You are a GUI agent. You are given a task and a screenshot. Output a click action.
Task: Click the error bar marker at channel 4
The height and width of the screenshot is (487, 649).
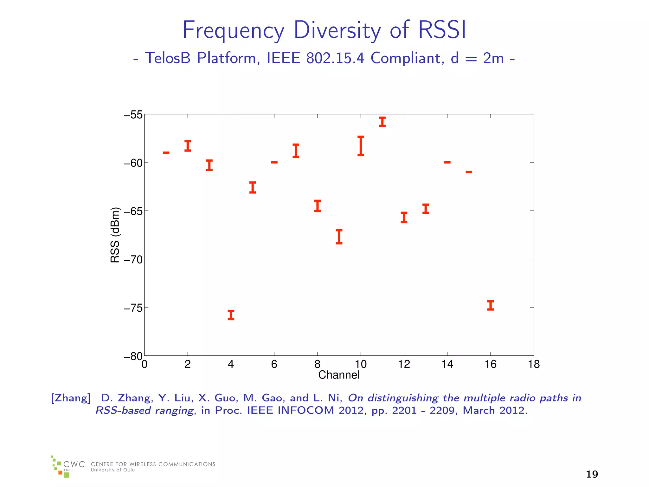pyautogui.click(x=231, y=315)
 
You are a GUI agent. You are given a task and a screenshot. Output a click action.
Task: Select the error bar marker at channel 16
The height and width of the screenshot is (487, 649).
pyautogui.click(x=490, y=305)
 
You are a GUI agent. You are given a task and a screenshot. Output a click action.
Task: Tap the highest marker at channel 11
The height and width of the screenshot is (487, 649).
pyautogui.click(x=382, y=122)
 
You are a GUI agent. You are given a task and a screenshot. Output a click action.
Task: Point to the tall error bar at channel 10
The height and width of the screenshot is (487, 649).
pyautogui.click(x=361, y=146)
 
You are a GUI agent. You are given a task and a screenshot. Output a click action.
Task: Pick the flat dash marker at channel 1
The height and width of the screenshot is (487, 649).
pyautogui.click(x=166, y=153)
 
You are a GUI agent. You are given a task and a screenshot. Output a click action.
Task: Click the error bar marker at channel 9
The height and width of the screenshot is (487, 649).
pyautogui.click(x=339, y=237)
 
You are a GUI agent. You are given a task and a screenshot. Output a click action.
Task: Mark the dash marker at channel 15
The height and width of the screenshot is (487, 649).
pyautogui.click(x=469, y=172)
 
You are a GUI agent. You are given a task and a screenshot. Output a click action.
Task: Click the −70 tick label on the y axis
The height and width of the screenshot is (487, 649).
pyautogui.click(x=133, y=260)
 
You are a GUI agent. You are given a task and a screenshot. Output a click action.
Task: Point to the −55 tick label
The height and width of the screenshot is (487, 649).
pyautogui.click(x=133, y=115)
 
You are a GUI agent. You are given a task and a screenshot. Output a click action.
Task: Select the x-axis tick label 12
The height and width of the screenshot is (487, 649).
pyautogui.click(x=404, y=364)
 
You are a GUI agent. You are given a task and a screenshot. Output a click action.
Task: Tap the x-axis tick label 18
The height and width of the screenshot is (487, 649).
pyautogui.click(x=534, y=364)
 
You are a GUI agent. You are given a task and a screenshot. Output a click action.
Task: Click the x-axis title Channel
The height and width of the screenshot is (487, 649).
pyautogui.click(x=339, y=375)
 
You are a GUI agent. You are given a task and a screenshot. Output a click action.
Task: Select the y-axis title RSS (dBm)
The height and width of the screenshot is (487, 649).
pyautogui.click(x=115, y=235)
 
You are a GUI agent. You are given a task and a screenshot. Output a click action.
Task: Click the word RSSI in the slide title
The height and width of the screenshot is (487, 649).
pyautogui.click(x=442, y=30)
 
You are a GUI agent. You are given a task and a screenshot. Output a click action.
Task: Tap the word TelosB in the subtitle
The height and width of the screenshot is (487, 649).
pyautogui.click(x=168, y=58)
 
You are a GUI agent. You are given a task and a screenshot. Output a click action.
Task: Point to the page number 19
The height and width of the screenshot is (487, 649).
pyautogui.click(x=592, y=474)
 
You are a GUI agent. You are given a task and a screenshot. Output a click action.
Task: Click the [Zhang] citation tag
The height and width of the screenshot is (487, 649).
pyautogui.click(x=71, y=398)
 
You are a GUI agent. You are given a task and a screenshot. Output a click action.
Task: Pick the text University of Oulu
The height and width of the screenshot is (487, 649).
pyautogui.click(x=113, y=470)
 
